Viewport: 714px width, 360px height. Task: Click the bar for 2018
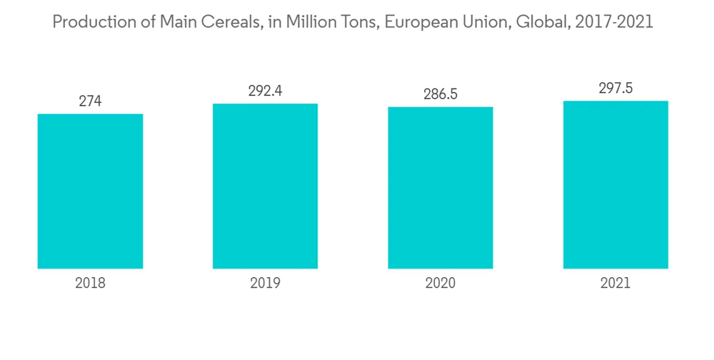coord(90,191)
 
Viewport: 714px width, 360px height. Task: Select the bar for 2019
coord(265,186)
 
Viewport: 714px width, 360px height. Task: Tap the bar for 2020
coord(441,187)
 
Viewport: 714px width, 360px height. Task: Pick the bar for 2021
coord(615,184)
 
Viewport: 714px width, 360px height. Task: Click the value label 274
coord(90,101)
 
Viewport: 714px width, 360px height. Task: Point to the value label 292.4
coord(265,91)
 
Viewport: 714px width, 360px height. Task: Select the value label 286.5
coord(441,94)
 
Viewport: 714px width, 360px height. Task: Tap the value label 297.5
coord(615,89)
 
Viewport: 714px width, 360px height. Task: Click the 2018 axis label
coord(90,283)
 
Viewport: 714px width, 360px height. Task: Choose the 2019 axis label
coord(265,283)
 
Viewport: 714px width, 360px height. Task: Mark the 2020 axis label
coord(441,283)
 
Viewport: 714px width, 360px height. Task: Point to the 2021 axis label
coord(615,283)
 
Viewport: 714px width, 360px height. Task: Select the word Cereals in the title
coord(227,22)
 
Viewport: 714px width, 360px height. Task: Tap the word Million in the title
coord(308,22)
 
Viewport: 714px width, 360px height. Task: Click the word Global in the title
coord(533,22)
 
